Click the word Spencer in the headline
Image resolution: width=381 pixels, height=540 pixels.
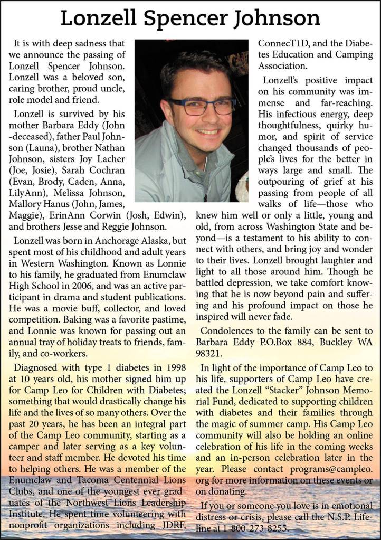[x=189, y=18]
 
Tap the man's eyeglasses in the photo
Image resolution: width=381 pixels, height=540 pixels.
[x=202, y=106]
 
